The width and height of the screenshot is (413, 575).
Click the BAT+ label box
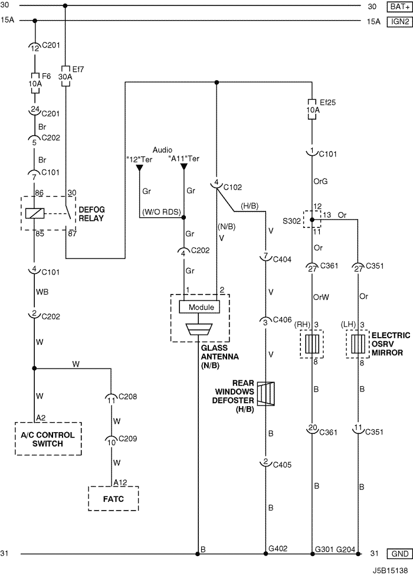pos(400,6)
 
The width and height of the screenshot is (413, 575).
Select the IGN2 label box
pos(400,21)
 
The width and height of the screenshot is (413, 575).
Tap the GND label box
pos(400,553)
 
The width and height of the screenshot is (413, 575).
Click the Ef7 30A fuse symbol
pos(65,76)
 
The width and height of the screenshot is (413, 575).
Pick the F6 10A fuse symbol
pos(35,83)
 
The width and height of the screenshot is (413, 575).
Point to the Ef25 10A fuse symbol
pos(312,109)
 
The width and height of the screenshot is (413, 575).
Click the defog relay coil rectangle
pos(35,213)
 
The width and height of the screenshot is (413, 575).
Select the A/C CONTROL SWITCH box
pos(48,439)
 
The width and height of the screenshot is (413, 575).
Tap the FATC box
pos(113,498)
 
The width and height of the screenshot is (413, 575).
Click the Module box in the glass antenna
pos(200,307)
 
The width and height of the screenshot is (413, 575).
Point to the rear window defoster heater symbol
pos(265,394)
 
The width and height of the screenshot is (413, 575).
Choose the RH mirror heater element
pos(312,344)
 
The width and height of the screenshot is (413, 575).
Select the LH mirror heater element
pos(358,344)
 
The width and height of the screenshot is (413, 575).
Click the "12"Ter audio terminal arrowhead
pos(139,168)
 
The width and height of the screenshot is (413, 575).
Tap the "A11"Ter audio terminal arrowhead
pos(184,168)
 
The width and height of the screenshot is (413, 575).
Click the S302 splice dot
pos(312,220)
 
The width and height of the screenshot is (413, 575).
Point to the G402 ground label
pos(278,548)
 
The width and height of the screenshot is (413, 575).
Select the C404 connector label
pos(282,259)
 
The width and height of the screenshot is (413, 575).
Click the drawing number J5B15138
pos(390,571)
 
